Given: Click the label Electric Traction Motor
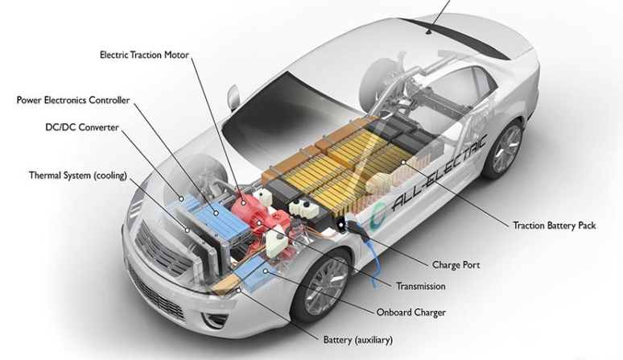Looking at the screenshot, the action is (x=144, y=55).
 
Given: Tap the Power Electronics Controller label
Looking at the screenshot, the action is (x=73, y=100).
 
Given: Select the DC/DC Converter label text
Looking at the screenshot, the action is (x=82, y=127).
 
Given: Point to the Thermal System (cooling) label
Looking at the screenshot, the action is (x=78, y=176).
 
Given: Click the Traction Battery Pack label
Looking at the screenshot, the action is (x=555, y=226).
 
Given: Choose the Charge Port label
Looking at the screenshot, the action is (x=456, y=265).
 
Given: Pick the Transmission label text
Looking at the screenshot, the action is (x=420, y=286).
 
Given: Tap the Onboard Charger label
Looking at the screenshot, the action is (x=411, y=312).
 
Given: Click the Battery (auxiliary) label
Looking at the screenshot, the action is (x=357, y=340).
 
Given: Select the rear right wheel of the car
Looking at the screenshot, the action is (x=504, y=149).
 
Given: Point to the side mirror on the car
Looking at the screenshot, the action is (x=233, y=98).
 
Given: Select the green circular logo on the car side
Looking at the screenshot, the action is (x=377, y=217).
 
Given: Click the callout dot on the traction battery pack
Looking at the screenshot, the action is (x=403, y=162).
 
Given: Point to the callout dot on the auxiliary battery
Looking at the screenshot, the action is (x=238, y=291).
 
